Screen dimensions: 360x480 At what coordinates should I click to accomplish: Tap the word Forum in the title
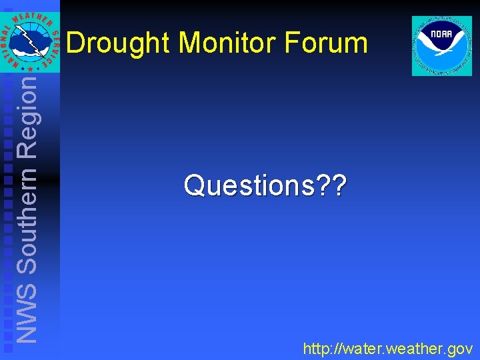coord(326,43)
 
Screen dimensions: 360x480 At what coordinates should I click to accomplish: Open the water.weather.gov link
coord(387,348)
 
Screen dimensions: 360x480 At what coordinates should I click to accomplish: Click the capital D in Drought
coord(76,43)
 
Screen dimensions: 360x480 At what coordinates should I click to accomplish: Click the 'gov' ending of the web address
coord(459,349)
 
